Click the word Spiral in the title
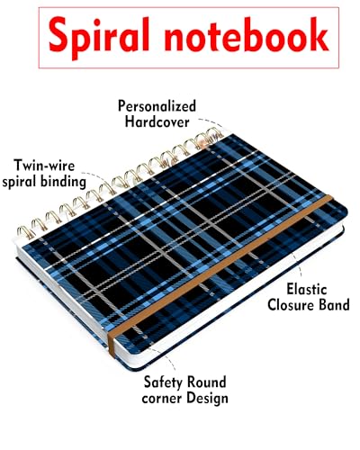[99, 37]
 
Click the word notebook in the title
[247, 34]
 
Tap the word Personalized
[157, 106]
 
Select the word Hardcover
[157, 122]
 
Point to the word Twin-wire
[44, 166]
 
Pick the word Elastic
[307, 289]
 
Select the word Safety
[163, 382]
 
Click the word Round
[206, 382]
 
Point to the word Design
[207, 399]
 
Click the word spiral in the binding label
[20, 182]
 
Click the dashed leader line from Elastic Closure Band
[298, 264]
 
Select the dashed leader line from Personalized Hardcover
[211, 122]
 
